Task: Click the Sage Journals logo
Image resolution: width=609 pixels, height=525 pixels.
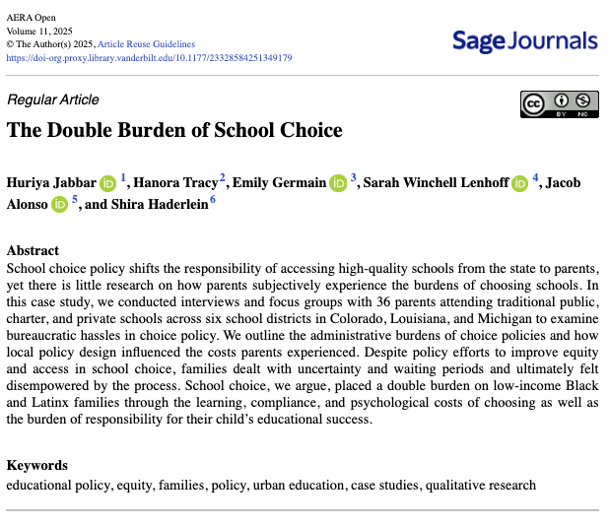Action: tap(524, 41)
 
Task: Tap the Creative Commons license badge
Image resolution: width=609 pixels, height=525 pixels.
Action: tap(559, 103)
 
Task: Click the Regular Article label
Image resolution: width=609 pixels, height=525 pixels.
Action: tap(53, 99)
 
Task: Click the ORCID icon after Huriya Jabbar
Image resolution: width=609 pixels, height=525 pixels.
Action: tap(107, 182)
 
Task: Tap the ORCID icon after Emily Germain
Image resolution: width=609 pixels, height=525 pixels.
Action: tap(338, 182)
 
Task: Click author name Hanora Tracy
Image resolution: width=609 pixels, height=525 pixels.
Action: tap(175, 182)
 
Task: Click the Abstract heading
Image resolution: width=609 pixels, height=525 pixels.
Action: tap(33, 250)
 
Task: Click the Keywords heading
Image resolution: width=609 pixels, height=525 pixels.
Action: tap(36, 465)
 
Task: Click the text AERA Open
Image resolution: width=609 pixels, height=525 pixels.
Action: tap(33, 18)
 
